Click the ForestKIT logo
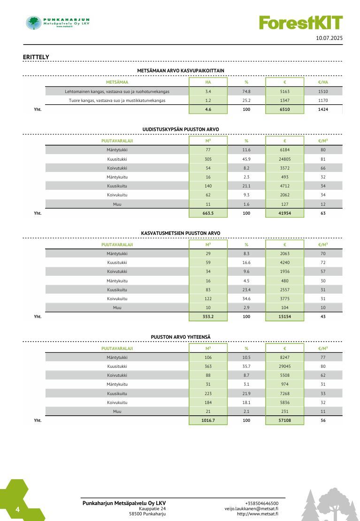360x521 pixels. (x=301, y=23)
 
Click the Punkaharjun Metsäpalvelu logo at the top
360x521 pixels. (x=58, y=23)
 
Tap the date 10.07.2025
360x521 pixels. (x=329, y=38)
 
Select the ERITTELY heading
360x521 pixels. (x=36, y=57)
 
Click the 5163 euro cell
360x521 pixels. (x=284, y=91)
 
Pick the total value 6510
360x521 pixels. (x=284, y=109)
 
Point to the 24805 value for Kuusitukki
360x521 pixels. (x=284, y=159)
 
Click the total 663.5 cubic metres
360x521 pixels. (x=208, y=213)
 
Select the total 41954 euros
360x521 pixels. (x=284, y=213)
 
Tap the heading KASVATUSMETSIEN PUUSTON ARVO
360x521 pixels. (x=180, y=233)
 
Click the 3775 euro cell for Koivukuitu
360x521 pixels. (x=284, y=298)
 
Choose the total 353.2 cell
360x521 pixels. (x=208, y=317)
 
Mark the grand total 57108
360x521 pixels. (x=284, y=420)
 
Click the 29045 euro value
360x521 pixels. (x=284, y=366)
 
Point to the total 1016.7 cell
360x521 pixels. (x=208, y=420)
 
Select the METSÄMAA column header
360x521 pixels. (x=117, y=82)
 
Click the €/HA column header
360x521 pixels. (x=323, y=82)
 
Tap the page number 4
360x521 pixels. (x=17, y=510)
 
